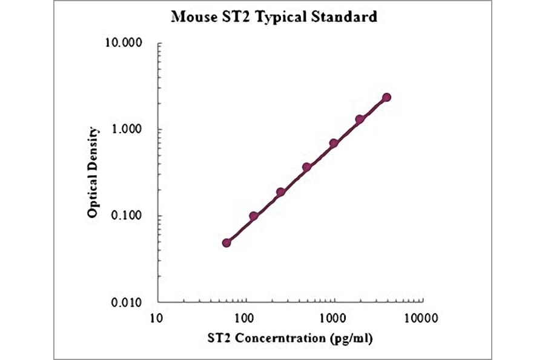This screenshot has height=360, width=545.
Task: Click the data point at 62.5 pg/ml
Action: [226, 242]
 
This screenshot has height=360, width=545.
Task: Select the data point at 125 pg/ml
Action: [254, 216]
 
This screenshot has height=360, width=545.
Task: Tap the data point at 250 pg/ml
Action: [280, 192]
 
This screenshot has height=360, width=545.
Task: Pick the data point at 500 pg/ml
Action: [306, 167]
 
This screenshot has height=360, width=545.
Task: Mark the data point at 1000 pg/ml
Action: [333, 144]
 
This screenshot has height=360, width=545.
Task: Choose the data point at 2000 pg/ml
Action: [360, 119]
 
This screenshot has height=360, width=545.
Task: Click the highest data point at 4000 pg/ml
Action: [386, 97]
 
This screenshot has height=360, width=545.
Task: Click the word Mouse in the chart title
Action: [193, 16]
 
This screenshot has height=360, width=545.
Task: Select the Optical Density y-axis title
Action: [93, 172]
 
